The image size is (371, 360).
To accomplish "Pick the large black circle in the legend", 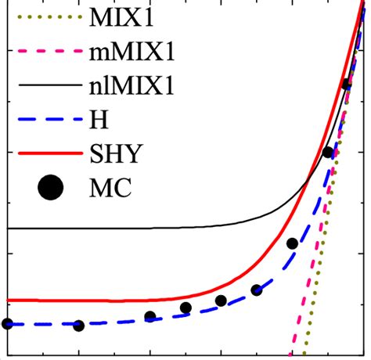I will point(51,188).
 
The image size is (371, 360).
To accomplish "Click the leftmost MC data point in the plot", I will point(8,323).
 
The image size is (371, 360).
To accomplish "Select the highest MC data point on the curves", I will point(347,84).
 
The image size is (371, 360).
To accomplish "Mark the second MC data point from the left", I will point(79,326).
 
